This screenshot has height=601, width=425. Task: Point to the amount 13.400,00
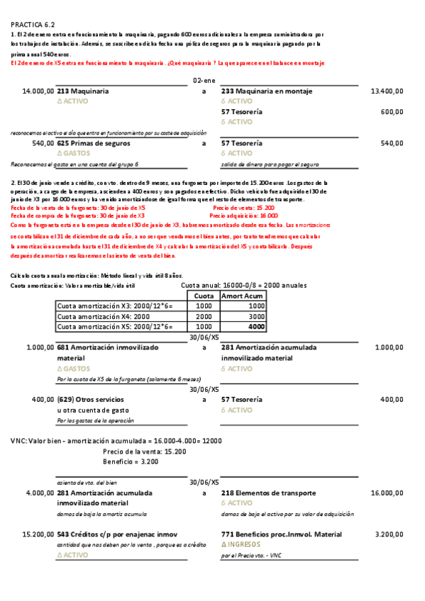387,91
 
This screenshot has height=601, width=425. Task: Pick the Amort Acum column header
243,296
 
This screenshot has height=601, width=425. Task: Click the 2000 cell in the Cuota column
204,316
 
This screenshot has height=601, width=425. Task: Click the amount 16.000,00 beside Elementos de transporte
387,492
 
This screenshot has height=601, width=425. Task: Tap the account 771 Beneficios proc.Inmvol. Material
281,534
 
